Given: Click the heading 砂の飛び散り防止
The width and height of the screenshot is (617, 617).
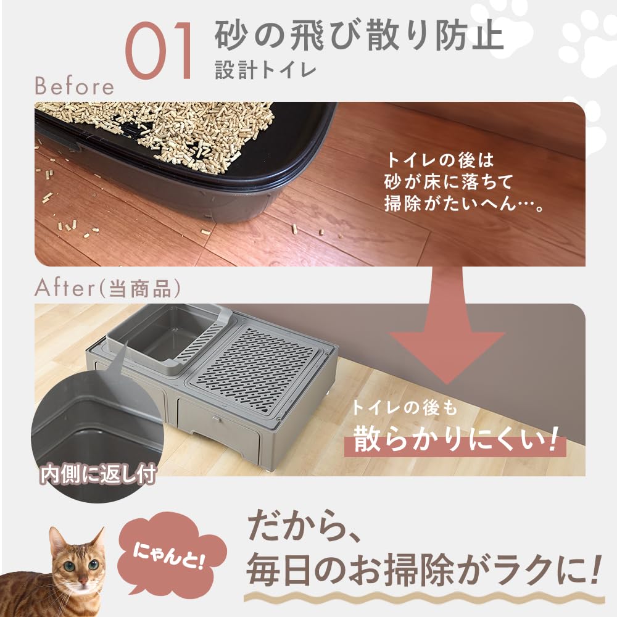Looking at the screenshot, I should pos(359,36).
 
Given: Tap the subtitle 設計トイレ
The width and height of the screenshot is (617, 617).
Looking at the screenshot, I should pos(265,70).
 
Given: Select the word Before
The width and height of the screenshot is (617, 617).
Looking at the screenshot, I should pos(74,86).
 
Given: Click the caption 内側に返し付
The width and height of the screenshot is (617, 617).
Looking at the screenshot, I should pos(97,475).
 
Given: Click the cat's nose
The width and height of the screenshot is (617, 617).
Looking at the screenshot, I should pos(79,582).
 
